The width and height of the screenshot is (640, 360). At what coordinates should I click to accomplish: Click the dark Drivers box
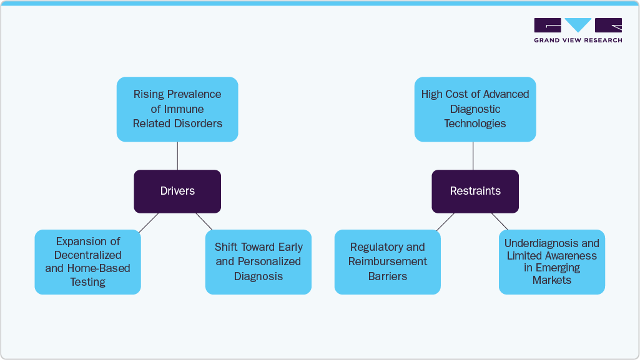[x=177, y=191]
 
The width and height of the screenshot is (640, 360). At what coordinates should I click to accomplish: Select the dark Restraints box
[x=475, y=191]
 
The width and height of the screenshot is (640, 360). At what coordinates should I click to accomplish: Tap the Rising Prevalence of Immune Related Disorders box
[x=177, y=109]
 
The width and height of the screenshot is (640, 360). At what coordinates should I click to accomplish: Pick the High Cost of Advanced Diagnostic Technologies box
[x=475, y=109]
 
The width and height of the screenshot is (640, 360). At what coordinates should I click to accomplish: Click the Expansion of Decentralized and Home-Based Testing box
[x=87, y=261]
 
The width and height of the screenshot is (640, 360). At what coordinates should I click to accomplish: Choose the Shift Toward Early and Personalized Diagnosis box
[x=258, y=261]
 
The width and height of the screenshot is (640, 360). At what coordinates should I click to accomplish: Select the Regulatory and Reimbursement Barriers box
[x=387, y=261]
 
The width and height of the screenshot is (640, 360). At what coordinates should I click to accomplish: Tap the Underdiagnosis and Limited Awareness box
[x=551, y=261]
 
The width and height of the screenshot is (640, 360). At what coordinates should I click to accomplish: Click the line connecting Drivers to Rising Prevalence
[x=177, y=155]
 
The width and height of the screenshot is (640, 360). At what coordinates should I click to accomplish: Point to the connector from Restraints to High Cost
[x=473, y=155]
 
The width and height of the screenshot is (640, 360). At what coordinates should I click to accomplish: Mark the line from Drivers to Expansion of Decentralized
[x=149, y=222]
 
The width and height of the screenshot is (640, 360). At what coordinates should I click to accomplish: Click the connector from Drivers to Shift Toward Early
[x=204, y=221]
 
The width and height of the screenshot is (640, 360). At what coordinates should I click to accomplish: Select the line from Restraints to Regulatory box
[x=445, y=222]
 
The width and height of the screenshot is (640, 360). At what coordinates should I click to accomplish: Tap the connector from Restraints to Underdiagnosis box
[x=500, y=221]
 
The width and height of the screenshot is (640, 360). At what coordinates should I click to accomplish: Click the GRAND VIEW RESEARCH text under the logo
[x=578, y=41]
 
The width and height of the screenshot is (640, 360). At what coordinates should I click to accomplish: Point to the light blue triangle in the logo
[x=578, y=24]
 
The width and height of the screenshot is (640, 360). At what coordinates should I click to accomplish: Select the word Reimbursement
[x=387, y=261]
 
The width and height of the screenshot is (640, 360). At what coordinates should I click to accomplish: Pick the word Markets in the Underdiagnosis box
[x=551, y=280]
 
